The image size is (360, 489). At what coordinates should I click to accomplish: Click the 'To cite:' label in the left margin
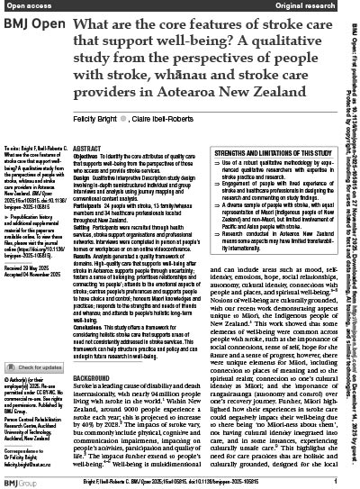[x=18, y=155]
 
